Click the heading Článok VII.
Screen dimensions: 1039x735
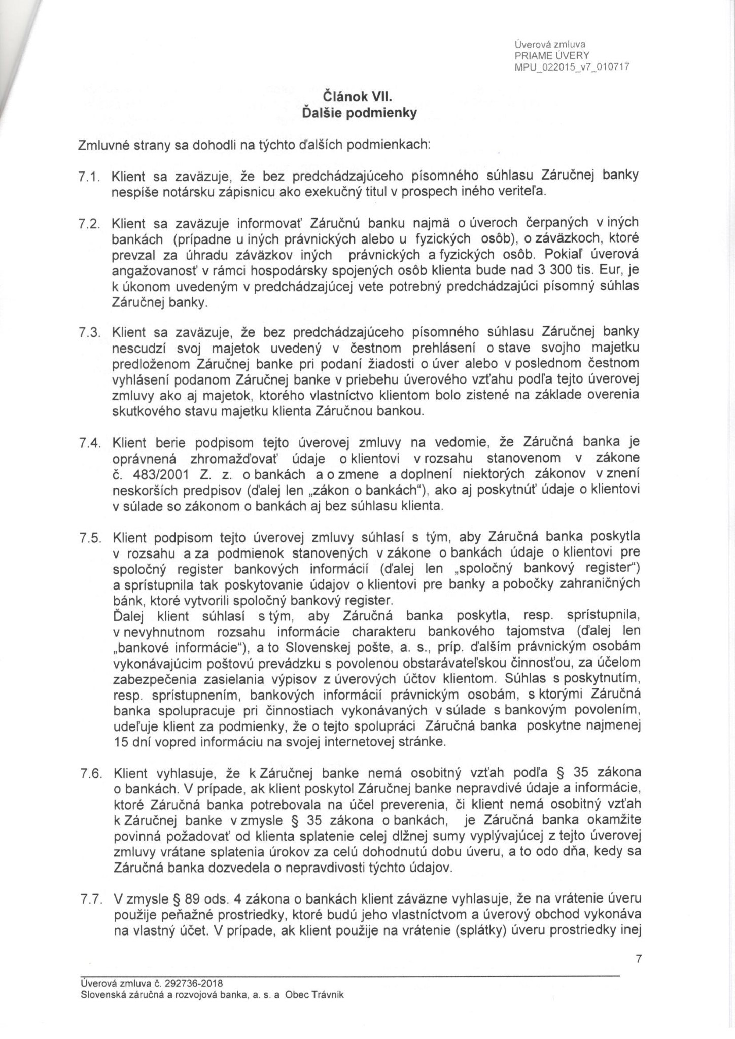pyautogui.click(x=359, y=95)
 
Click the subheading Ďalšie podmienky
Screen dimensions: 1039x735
pyautogui.click(x=359, y=113)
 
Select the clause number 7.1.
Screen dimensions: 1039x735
pyautogui.click(x=91, y=177)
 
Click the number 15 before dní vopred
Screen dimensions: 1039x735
pyautogui.click(x=122, y=742)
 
